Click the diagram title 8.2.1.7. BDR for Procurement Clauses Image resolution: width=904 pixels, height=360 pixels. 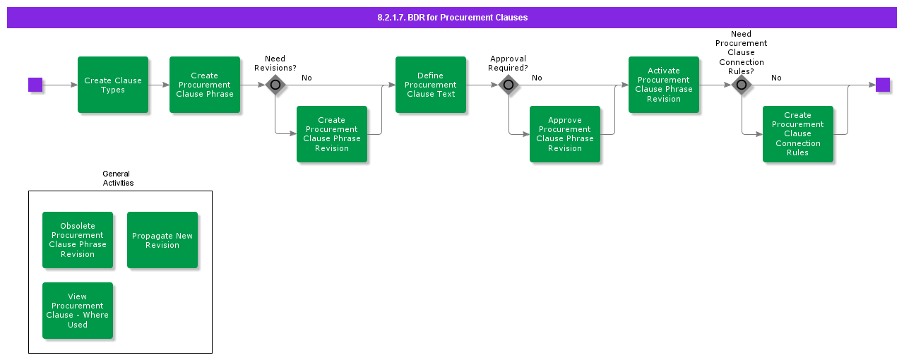452,18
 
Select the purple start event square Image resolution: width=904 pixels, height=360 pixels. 35,85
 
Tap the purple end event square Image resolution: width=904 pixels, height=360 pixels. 882,85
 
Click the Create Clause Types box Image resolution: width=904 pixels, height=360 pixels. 113,85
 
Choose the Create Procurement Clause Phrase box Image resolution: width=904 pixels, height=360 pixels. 205,85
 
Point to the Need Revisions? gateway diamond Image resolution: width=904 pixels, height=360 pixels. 275,85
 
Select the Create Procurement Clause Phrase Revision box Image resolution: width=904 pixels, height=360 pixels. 332,134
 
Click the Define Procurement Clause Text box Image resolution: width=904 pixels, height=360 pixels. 431,85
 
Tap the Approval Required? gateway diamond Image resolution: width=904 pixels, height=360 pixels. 509,85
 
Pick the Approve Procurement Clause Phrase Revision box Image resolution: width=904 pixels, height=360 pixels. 565,134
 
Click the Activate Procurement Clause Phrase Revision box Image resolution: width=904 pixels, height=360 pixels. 664,85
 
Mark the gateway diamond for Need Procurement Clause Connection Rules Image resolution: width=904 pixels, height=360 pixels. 742,85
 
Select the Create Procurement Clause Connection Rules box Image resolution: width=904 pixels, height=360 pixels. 798,134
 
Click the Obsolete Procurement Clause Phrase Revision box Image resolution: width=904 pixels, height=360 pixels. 78,240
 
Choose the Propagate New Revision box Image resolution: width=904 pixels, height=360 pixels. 162,240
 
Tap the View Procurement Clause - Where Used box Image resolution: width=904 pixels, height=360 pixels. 78,311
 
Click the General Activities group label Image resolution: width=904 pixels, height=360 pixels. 117,178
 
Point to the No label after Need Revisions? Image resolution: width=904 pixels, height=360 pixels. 307,78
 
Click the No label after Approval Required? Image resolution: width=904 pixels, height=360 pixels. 537,78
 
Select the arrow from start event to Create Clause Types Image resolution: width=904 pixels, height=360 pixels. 60,85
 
